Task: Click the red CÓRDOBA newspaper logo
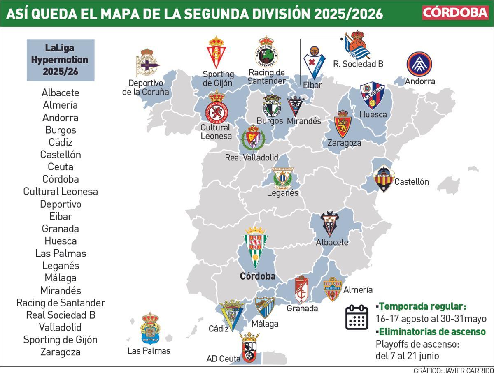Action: [455, 12]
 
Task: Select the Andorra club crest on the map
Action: [420, 64]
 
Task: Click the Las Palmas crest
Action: [150, 329]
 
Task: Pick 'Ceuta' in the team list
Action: [61, 167]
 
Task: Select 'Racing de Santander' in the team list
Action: [61, 303]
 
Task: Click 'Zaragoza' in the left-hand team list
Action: [61, 352]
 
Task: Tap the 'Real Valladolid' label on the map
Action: [252, 158]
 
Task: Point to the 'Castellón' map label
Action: [412, 182]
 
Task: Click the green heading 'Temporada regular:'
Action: [422, 306]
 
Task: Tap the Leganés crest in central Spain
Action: [283, 178]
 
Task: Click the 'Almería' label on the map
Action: [358, 290]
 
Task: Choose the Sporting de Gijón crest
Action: [217, 53]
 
